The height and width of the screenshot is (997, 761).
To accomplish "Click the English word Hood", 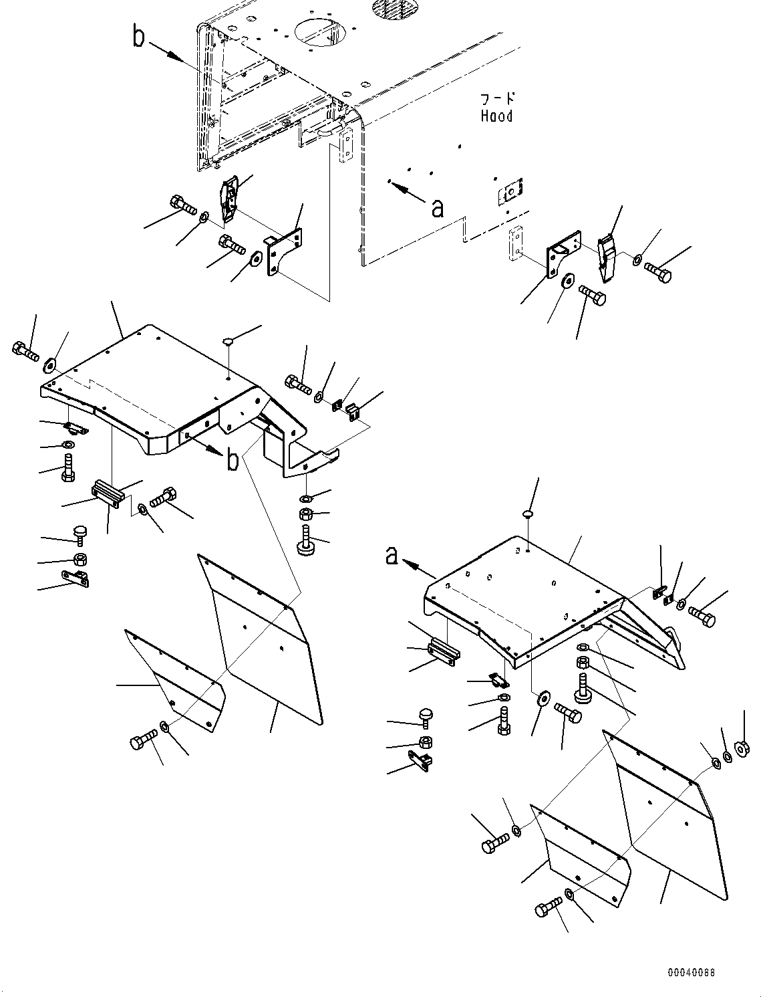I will (496, 116).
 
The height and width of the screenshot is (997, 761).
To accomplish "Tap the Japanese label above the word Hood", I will (497, 99).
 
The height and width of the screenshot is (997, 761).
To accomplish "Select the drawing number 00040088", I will (690, 972).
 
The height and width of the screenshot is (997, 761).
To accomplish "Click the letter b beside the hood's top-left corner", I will (138, 37).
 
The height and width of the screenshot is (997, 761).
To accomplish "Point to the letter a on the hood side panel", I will (438, 209).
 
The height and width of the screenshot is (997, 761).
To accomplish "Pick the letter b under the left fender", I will (232, 461).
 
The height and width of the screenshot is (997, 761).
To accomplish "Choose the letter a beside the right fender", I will (392, 556).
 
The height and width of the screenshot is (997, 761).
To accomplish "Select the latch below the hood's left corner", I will (228, 199).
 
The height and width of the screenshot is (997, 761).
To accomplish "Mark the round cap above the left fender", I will (228, 341).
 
